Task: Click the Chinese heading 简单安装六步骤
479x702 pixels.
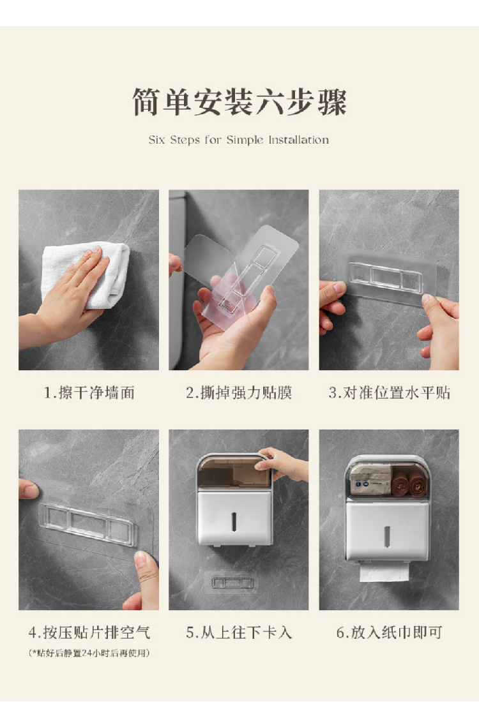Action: point(240,101)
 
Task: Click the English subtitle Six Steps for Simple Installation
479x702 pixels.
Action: point(239,140)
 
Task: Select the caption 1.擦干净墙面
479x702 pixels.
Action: point(89,392)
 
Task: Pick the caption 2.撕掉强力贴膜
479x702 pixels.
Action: point(239,392)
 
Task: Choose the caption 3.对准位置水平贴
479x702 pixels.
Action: point(389,392)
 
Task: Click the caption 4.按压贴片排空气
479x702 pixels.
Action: point(89,632)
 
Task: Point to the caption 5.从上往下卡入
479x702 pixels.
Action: point(239,632)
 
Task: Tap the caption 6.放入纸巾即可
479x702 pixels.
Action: point(389,632)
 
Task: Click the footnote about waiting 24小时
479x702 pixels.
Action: point(89,653)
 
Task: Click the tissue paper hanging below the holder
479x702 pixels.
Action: point(384,572)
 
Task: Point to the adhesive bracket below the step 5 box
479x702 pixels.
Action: point(232,583)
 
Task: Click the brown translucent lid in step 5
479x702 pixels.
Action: point(234,472)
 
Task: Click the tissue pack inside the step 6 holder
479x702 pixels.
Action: point(370,479)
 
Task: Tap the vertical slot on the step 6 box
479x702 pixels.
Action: point(386,536)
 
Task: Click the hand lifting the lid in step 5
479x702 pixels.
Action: point(283,463)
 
